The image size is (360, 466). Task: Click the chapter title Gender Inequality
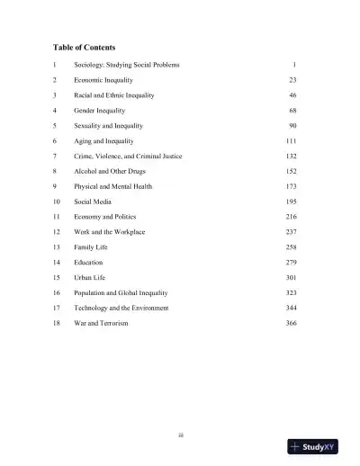(101, 110)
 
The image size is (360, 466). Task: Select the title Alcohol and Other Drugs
(112, 171)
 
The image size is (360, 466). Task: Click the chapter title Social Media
(93, 202)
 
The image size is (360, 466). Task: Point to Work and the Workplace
(110, 232)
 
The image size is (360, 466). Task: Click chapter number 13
(56, 246)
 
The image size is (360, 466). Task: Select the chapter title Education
(89, 262)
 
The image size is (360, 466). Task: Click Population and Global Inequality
(121, 292)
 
